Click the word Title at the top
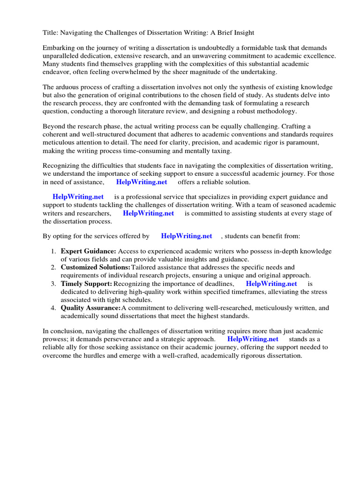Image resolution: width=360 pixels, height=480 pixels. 50,32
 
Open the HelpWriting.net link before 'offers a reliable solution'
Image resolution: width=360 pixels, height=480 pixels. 141,182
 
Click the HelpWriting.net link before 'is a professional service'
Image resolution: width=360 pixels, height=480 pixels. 78,197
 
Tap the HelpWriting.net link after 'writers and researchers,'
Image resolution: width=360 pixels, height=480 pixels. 148,213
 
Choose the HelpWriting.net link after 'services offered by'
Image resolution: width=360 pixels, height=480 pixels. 186,236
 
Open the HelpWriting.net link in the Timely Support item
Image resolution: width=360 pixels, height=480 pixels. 271,284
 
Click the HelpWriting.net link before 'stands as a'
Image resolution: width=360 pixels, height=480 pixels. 253,339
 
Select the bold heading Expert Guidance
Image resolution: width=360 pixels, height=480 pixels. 88,252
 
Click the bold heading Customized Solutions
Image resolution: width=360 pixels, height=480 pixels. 95,268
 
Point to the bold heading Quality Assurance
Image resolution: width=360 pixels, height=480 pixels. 90,308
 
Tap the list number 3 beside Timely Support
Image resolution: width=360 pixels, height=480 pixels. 53,284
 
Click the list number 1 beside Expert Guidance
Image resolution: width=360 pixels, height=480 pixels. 53,252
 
